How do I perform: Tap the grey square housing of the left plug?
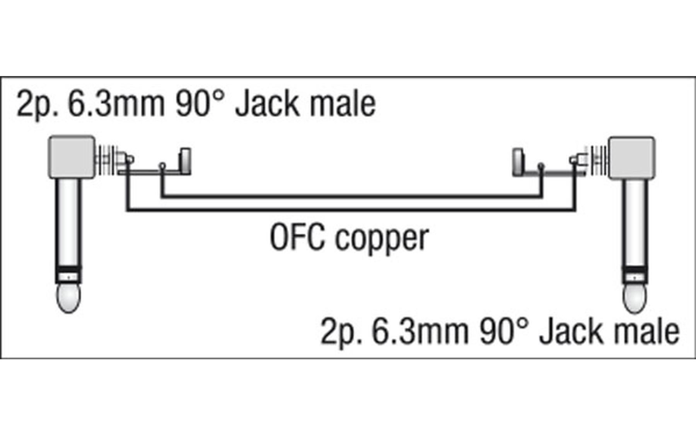[72, 157]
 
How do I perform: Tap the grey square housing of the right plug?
[632, 158]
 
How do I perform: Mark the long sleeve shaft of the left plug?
[68, 222]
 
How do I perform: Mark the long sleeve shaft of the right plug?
[635, 223]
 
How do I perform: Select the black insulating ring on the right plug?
[635, 270]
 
